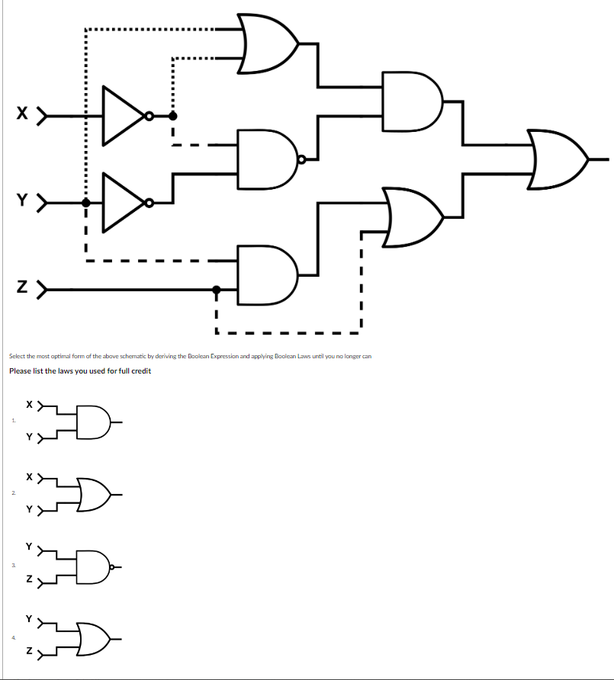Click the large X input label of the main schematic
click(24, 115)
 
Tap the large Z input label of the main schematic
click(24, 289)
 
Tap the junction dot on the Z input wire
click(217, 290)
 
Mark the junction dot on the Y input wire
click(86, 203)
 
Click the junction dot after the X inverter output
click(173, 116)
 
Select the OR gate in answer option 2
click(94, 493)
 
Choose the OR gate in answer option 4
click(94, 634)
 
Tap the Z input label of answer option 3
click(29, 582)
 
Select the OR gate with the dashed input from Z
click(413, 217)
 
